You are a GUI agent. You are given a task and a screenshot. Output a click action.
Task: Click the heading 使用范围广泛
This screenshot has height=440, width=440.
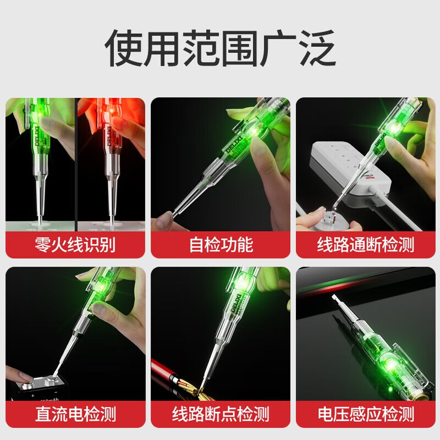coord(221,48)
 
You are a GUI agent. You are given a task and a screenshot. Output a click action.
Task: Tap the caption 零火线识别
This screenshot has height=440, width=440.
coord(75,244)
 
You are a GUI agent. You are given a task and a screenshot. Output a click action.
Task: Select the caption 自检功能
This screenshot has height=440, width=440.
coord(221,244)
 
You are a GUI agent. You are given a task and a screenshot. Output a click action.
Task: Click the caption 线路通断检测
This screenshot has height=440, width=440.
coord(366,244)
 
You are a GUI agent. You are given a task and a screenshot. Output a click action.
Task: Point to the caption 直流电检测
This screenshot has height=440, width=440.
coord(75,414)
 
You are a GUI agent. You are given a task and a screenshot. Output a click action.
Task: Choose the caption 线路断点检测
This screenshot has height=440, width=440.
coord(221,414)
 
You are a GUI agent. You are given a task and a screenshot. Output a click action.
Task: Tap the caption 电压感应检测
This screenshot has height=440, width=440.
coord(366,414)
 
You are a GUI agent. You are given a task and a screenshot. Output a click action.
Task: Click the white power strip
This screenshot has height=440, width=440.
coord(351,168)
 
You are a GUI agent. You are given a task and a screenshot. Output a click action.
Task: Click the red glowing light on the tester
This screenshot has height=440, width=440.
coord(112,112)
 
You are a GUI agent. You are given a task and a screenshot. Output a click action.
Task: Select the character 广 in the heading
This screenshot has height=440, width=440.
coord(278,48)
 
